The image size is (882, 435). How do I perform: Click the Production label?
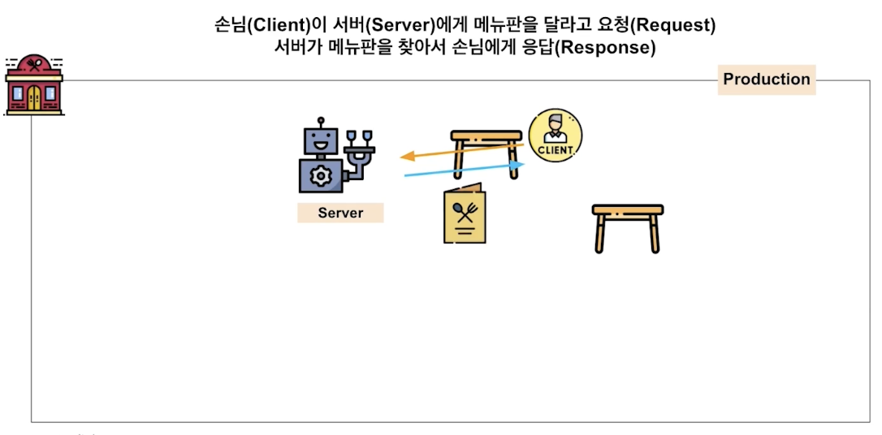click(x=767, y=80)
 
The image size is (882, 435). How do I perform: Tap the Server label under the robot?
click(x=340, y=213)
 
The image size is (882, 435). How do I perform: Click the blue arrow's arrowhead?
click(x=518, y=165)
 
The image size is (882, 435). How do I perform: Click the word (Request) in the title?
click(x=673, y=25)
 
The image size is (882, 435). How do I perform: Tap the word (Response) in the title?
click(x=607, y=47)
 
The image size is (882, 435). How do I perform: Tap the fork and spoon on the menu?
click(x=465, y=212)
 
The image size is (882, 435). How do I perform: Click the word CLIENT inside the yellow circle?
click(x=556, y=149)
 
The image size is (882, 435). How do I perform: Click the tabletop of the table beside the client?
click(x=486, y=135)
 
